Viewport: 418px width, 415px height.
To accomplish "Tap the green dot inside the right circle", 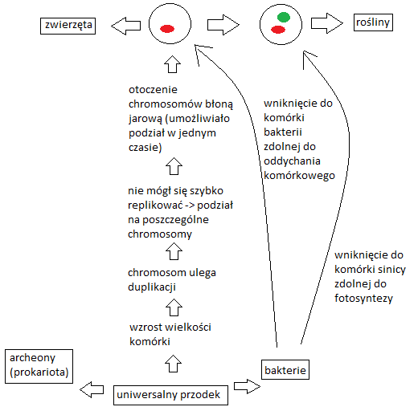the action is (284, 17).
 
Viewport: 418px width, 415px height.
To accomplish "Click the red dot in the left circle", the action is (167, 29).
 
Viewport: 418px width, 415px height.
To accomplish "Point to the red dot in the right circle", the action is (278, 30).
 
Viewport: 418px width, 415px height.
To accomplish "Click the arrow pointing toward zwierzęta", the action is (125, 26).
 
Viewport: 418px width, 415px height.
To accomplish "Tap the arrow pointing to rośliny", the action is (327, 23).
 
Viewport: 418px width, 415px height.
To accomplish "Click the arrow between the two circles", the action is (223, 25).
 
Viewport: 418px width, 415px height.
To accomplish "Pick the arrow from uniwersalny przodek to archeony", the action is (92, 389).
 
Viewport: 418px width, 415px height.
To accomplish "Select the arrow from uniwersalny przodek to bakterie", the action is (247, 386).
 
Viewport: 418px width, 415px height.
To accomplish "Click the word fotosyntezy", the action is (363, 298).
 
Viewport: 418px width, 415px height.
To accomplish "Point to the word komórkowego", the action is (299, 176).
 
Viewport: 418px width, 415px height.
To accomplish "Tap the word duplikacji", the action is (152, 287).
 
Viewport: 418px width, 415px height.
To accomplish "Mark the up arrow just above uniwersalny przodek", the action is (173, 364).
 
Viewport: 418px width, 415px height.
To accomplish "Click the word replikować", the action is (155, 205).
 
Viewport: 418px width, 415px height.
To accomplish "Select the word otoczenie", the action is (153, 90).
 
